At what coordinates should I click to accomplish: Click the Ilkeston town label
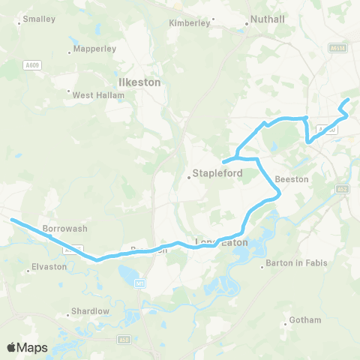(139, 82)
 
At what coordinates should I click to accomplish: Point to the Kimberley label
(189, 23)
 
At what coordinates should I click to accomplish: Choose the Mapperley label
(94, 49)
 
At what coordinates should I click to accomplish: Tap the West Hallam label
(94, 94)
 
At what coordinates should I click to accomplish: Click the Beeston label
(291, 180)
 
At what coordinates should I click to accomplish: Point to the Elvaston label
(50, 267)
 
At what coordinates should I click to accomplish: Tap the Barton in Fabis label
(296, 264)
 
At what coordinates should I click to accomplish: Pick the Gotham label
(306, 321)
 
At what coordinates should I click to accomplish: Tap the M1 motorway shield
(139, 283)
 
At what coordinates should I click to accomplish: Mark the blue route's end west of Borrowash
(12, 220)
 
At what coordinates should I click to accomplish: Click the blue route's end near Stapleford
(224, 160)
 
